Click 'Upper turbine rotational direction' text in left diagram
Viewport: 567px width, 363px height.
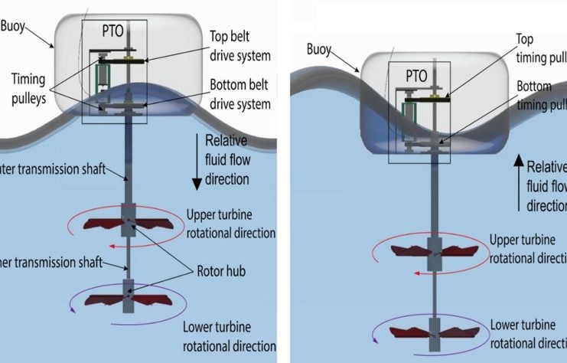230,223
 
